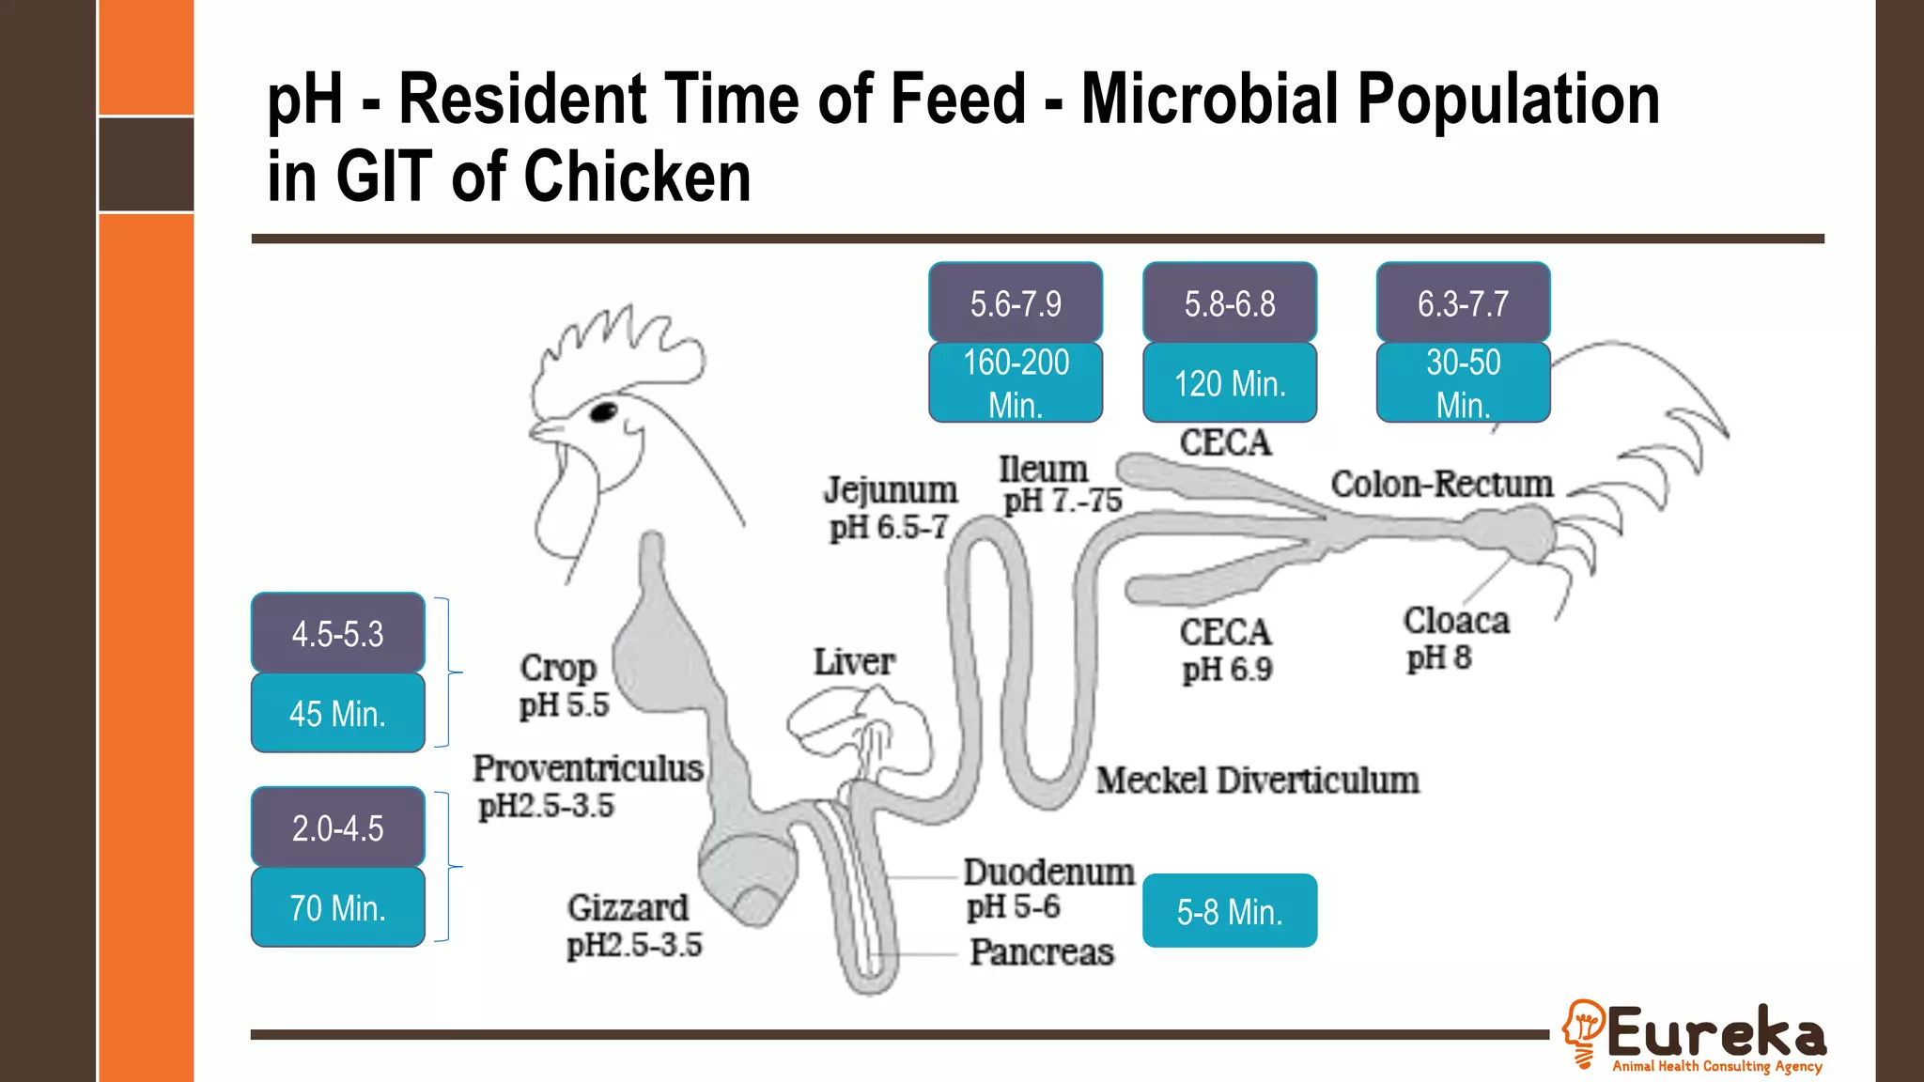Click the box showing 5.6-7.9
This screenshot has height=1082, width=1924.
click(1016, 302)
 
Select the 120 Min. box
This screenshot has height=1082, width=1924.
click(1230, 383)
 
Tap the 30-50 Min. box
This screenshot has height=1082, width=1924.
click(1463, 382)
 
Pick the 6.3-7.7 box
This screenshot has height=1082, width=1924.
click(1463, 302)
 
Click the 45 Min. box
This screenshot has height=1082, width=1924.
click(337, 713)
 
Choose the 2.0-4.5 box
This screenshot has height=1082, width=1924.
click(337, 827)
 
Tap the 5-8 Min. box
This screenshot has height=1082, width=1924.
click(1230, 911)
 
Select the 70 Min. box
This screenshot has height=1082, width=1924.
click(337, 907)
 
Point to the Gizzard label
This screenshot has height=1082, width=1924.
click(628, 908)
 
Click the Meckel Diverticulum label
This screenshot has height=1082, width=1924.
click(1257, 781)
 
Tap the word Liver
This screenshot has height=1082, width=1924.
click(853, 662)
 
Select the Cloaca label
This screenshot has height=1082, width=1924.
click(1456, 621)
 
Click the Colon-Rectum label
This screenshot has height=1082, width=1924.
click(1441, 485)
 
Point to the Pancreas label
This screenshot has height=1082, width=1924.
click(1041, 952)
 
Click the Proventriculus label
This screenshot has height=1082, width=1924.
click(588, 768)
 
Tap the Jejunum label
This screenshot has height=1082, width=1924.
click(891, 490)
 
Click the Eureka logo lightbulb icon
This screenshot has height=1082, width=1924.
click(1584, 1031)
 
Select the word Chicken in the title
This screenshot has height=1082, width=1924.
click(637, 177)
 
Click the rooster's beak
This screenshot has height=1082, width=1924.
click(546, 430)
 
